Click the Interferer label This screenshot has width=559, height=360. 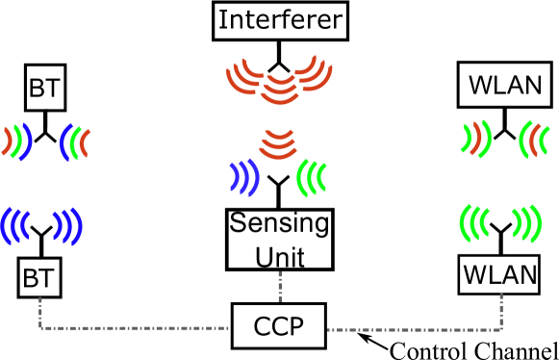point(279,20)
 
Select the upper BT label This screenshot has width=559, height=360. point(44,90)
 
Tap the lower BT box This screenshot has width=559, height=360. point(39,280)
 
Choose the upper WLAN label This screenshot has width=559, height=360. point(505,86)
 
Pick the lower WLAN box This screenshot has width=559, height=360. point(499,275)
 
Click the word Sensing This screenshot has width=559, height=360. point(279,225)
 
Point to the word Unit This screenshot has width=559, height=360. point(279,255)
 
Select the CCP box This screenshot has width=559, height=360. point(279,327)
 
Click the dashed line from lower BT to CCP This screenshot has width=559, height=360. point(135,327)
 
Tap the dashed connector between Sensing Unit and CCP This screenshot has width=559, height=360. point(280,288)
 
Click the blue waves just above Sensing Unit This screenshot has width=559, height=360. point(244,177)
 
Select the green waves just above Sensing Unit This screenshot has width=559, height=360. point(312,177)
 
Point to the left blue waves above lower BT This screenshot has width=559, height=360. point(14,225)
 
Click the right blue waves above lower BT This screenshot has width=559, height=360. point(68,225)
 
